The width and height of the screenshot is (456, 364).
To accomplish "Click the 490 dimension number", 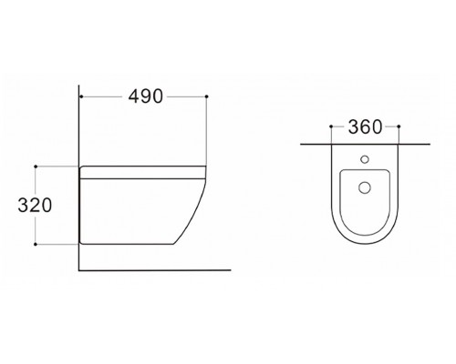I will [144, 97].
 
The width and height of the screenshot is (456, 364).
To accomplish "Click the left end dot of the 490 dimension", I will [82, 96].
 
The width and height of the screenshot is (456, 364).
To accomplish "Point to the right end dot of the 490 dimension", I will [208, 96].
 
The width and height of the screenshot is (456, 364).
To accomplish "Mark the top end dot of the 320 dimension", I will [36, 167].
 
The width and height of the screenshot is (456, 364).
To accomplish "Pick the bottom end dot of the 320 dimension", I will [36, 244].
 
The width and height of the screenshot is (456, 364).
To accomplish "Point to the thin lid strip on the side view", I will [141, 170].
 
